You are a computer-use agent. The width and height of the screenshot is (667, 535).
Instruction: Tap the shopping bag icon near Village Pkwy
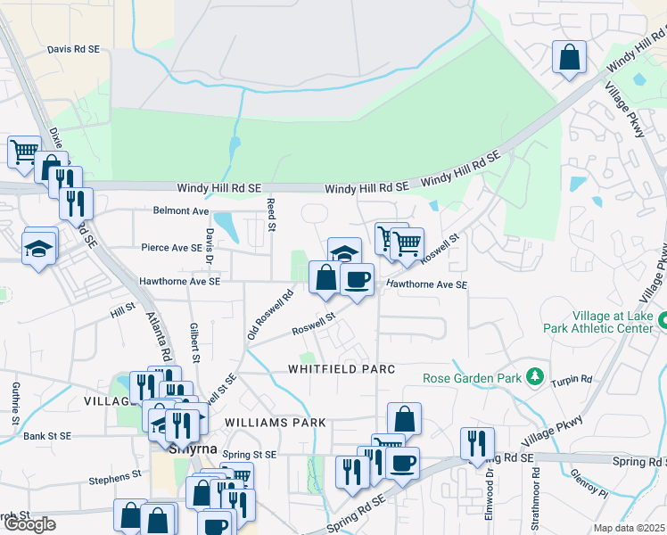coord(568,58)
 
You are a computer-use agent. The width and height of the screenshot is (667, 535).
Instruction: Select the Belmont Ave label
coord(181,211)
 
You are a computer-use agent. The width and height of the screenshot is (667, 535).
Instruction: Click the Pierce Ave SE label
coord(172,247)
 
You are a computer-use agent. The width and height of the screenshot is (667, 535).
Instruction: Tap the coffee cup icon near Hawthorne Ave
coord(357,280)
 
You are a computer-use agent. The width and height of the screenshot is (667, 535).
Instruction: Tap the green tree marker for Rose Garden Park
coord(534,377)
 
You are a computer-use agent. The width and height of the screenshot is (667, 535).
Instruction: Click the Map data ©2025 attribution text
coord(630,528)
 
